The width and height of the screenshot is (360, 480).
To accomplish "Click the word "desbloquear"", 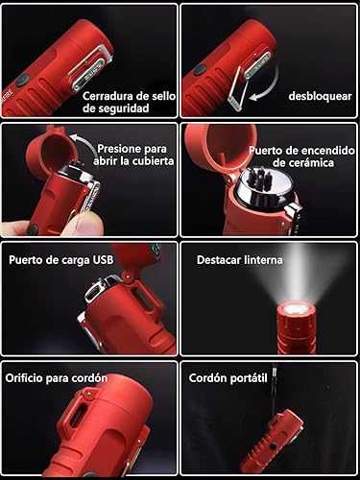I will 321,96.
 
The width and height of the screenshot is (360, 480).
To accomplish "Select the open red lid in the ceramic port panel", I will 209,144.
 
